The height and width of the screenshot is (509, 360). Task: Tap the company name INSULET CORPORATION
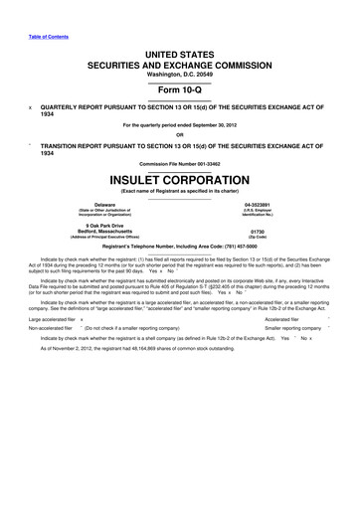(x=179, y=183)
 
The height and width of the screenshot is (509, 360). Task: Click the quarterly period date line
(x=179, y=125)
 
